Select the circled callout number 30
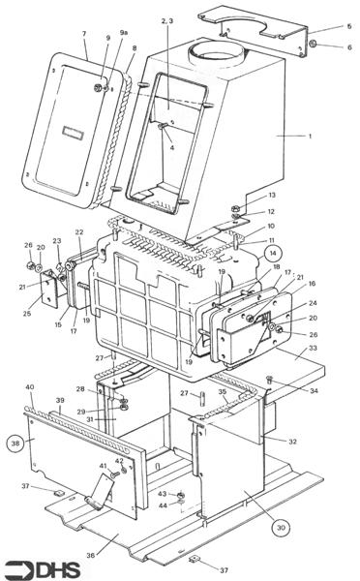[281, 528]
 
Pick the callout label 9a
[124, 34]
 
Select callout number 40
[30, 388]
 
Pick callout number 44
[162, 505]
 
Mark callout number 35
[222, 392]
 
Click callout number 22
[79, 232]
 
